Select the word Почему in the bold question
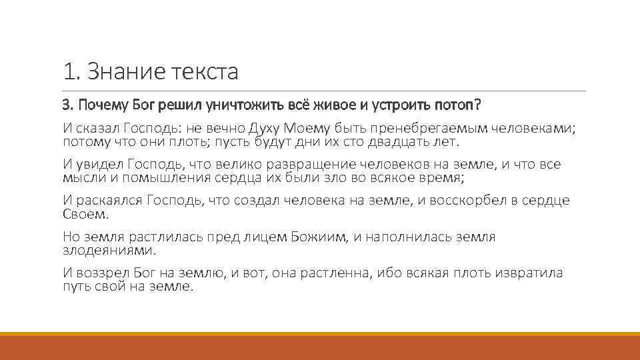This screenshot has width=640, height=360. (x=101, y=105)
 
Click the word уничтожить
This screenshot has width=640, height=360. (x=247, y=105)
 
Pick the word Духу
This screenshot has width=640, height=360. (x=265, y=128)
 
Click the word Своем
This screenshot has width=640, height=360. (x=85, y=215)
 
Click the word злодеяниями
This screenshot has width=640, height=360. (x=109, y=251)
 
